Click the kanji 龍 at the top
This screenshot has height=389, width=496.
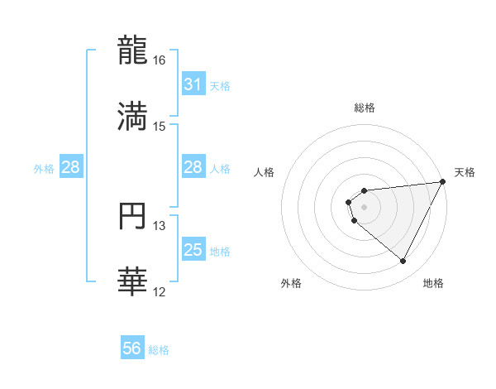tap(132, 50)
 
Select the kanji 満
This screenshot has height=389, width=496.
tap(132, 117)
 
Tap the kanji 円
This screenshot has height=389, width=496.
tap(132, 217)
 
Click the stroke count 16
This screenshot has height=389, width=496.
tap(160, 60)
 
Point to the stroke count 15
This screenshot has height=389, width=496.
tap(160, 127)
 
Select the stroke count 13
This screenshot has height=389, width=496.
tap(160, 226)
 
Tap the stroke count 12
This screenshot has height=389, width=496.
tap(160, 292)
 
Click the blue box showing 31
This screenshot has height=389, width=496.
tap(193, 84)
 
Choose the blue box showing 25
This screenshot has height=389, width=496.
tap(193, 250)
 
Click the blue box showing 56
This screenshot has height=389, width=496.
tap(132, 349)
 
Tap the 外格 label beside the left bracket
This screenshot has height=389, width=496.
tap(44, 168)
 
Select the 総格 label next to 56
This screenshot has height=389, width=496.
tap(159, 350)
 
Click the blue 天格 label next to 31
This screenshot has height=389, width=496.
tap(220, 85)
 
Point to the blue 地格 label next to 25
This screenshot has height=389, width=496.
tap(220, 251)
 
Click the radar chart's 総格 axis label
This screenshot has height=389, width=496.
tap(364, 108)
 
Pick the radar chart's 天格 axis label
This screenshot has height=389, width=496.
tap(465, 172)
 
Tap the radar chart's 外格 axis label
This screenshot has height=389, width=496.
tap(291, 284)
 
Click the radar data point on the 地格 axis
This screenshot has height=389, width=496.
tap(403, 262)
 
